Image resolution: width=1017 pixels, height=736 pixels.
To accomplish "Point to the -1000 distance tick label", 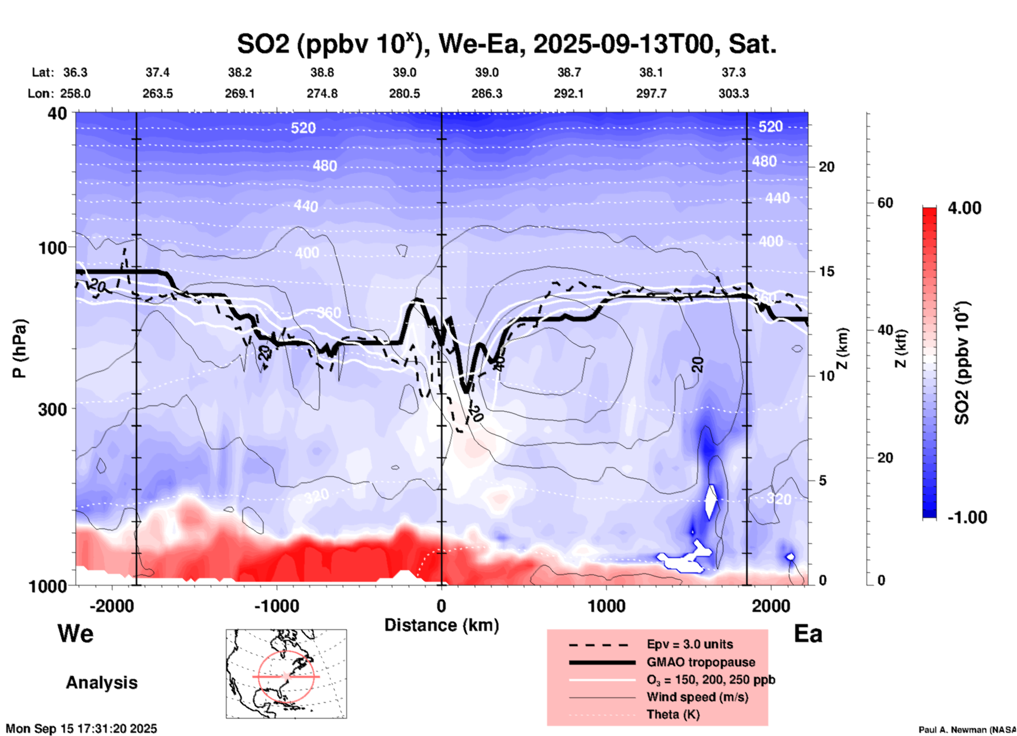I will [x=277, y=606].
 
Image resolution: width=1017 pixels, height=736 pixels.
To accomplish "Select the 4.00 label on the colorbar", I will [x=964, y=207].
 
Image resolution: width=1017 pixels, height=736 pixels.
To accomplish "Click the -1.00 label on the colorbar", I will [x=967, y=517].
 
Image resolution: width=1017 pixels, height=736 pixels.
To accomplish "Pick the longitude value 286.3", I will [x=486, y=93].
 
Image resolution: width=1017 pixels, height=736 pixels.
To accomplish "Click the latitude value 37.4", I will [x=157, y=72].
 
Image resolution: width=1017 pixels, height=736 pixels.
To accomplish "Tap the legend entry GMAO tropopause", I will [x=701, y=662].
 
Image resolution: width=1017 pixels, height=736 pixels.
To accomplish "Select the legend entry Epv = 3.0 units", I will [x=690, y=644].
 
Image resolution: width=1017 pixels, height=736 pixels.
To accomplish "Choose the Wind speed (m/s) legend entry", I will [x=697, y=697].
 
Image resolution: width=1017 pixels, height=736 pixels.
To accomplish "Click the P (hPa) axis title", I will [x=20, y=348].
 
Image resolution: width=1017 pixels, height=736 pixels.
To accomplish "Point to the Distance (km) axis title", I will [x=441, y=625].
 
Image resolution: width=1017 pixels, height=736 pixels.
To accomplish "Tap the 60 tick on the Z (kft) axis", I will [x=885, y=203].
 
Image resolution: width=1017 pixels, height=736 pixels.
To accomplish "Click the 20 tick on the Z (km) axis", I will [x=826, y=167].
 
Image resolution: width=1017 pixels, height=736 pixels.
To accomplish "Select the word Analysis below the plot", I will [x=101, y=683].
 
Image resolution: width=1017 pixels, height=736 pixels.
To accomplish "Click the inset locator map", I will [x=286, y=673].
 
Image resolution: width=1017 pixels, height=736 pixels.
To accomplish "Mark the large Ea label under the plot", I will [x=808, y=634].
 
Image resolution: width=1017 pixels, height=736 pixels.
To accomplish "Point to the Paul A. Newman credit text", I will [x=966, y=730].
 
